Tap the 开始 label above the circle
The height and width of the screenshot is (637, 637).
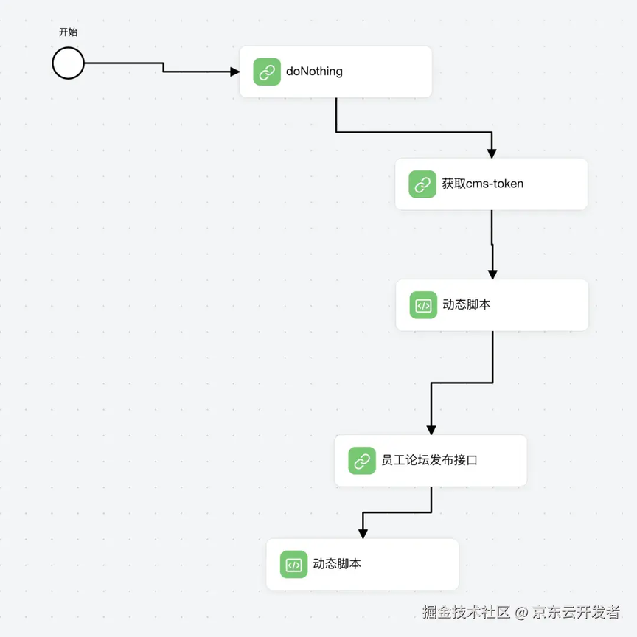[x=69, y=32]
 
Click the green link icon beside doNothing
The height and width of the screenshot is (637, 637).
[x=267, y=72]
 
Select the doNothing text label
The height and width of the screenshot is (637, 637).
[x=314, y=72]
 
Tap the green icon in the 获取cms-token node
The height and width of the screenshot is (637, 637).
[x=422, y=184]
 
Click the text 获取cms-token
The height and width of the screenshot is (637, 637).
[x=483, y=184]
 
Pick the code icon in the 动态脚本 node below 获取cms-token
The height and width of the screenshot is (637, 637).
[x=423, y=305]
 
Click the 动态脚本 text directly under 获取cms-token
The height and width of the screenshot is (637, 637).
[x=467, y=304]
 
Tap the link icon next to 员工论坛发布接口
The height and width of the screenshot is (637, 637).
[x=362, y=461]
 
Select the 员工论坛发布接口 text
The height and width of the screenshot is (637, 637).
[x=429, y=460]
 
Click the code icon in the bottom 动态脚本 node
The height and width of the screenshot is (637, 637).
[x=293, y=564]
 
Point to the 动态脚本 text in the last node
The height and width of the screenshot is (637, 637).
[x=337, y=563]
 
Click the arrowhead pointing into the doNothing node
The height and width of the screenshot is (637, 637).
[x=234, y=72]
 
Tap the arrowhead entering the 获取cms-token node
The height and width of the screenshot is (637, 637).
[x=492, y=153]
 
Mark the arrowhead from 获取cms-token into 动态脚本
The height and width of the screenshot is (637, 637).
[x=492, y=274]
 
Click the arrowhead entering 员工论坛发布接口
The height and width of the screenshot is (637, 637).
[x=431, y=430]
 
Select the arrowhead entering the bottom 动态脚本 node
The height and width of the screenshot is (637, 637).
[x=363, y=534]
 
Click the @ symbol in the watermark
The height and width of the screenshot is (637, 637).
[x=521, y=613]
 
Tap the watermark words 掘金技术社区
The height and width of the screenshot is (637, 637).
[x=467, y=612]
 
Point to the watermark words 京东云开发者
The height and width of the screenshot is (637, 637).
[x=577, y=612]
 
